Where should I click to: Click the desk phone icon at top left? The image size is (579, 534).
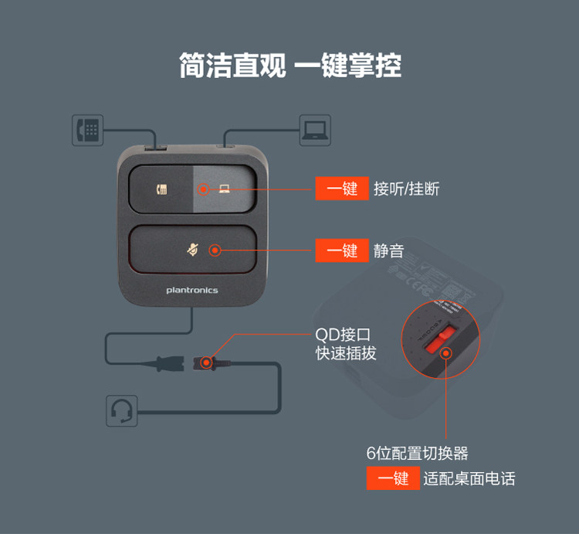pyautogui.click(x=87, y=130)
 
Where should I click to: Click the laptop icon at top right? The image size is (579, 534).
pyautogui.click(x=314, y=130)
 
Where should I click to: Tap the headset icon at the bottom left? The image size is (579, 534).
pyautogui.click(x=122, y=410)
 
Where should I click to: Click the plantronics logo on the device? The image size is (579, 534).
pyautogui.click(x=192, y=291)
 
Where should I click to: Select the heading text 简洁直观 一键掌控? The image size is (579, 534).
pyautogui.click(x=289, y=66)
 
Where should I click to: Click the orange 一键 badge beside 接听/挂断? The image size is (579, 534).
pyautogui.click(x=342, y=189)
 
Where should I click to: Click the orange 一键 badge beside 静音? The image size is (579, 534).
pyautogui.click(x=342, y=250)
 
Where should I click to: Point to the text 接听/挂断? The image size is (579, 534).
pyautogui.click(x=406, y=189)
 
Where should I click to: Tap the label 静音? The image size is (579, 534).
pyautogui.click(x=389, y=250)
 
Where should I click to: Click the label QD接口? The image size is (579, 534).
pyautogui.click(x=344, y=335)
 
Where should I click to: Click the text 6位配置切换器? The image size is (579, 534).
pyautogui.click(x=417, y=453)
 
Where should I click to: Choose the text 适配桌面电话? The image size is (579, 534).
pyautogui.click(x=469, y=478)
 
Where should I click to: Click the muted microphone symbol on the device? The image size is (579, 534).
pyautogui.click(x=192, y=250)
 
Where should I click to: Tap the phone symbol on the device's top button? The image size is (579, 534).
pyautogui.click(x=162, y=189)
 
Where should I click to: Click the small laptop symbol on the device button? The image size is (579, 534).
pyautogui.click(x=224, y=189)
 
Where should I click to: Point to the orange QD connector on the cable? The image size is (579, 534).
pyautogui.click(x=207, y=361)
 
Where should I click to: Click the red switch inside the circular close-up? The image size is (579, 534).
pyautogui.click(x=440, y=341)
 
